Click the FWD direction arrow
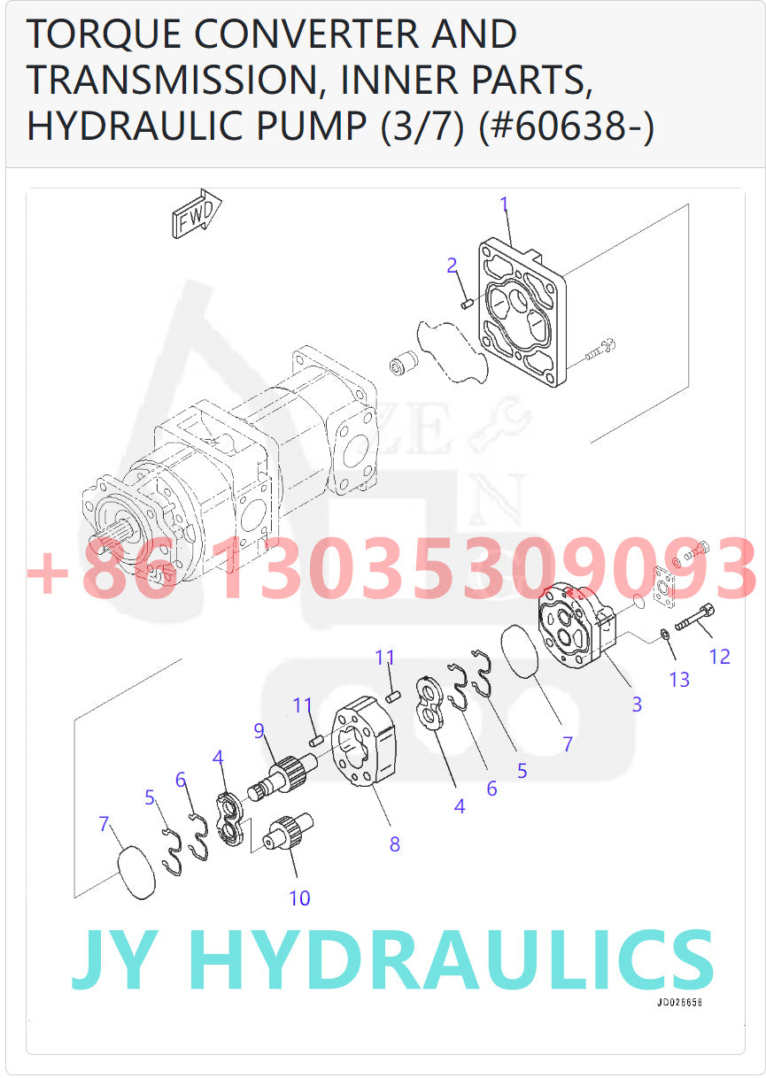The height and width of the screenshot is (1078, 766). point(196,214)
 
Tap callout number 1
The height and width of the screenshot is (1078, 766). point(505,204)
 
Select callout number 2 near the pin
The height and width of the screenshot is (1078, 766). point(452,266)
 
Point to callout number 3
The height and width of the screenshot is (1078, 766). point(637,705)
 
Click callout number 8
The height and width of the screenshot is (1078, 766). point(394,844)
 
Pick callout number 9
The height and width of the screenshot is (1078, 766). point(259,730)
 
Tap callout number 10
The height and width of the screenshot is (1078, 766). point(299,897)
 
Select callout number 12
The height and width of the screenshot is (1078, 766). point(719,656)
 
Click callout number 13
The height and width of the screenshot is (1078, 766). point(679,680)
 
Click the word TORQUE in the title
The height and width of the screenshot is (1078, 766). point(105,35)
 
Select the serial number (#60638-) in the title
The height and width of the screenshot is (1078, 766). point(567,126)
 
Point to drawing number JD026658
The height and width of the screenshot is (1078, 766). point(679,1003)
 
